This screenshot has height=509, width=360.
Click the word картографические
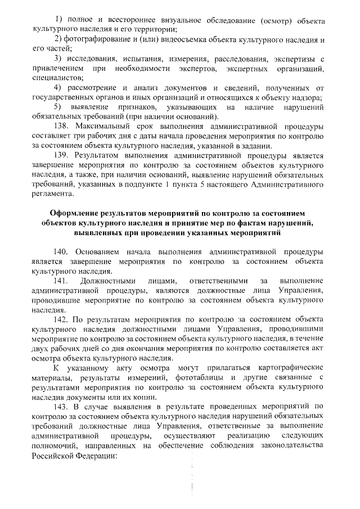293,367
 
